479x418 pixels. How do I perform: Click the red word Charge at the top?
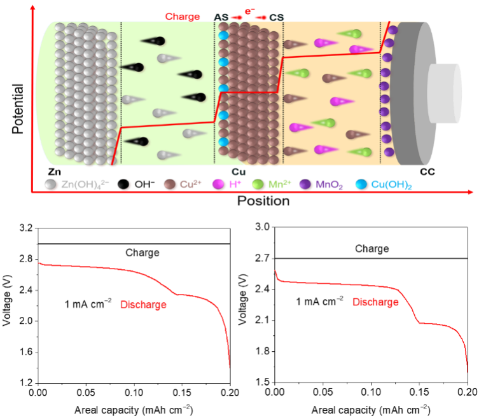(182, 17)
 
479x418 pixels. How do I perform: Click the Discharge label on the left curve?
(143, 305)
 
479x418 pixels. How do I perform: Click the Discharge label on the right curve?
(376, 302)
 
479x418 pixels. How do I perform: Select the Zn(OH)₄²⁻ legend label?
(85, 185)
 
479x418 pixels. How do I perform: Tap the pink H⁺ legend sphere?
(218, 185)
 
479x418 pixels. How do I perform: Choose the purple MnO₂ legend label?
(330, 185)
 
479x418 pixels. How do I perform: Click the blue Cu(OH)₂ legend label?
(392, 185)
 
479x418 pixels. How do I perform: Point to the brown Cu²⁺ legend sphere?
(170, 185)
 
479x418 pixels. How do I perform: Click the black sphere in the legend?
(125, 185)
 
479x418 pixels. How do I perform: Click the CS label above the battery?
(277, 17)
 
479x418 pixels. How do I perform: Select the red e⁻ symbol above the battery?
(250, 10)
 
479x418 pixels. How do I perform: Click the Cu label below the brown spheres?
(239, 172)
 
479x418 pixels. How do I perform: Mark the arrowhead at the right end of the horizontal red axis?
(471, 192)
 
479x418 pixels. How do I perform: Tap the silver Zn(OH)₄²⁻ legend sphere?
(51, 185)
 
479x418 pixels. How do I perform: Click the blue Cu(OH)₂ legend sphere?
(362, 185)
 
